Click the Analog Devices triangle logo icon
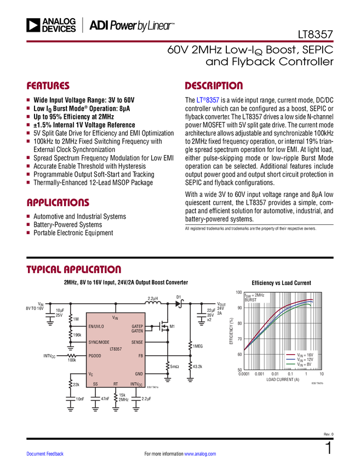[x=34, y=25]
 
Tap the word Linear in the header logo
[x=160, y=25]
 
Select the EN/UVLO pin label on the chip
[x=96, y=326]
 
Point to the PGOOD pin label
[x=94, y=356]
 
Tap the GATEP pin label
[x=137, y=326]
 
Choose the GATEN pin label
[x=137, y=331]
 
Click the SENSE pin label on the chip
[x=137, y=342]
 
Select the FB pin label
[x=140, y=356]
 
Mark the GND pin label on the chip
[x=139, y=374]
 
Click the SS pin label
[x=95, y=384]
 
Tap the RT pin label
[x=116, y=384]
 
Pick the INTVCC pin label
[x=136, y=384]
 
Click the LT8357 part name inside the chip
[x=116, y=349]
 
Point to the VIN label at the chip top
[x=115, y=317]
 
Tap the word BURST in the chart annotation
[x=250, y=300]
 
